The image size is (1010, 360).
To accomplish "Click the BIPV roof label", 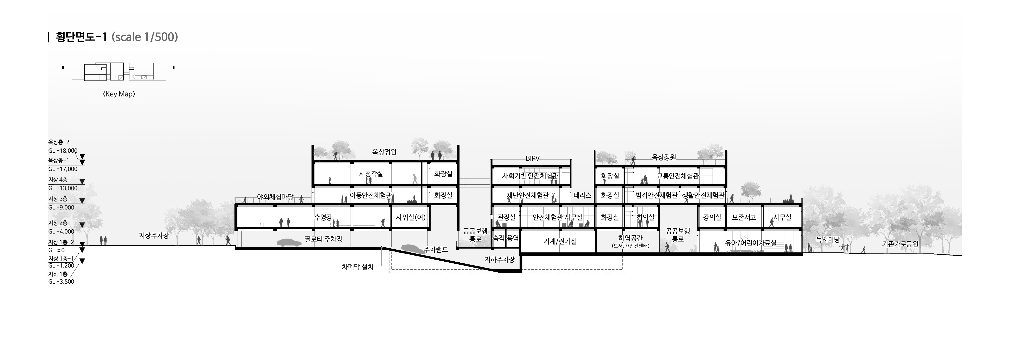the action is click(x=532, y=159).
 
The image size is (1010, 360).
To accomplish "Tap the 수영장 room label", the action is click(x=323, y=217).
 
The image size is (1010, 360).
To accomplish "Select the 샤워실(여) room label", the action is click(x=410, y=217).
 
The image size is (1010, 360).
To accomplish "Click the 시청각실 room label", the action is click(x=371, y=174).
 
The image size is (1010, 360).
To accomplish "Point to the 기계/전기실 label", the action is click(x=560, y=242).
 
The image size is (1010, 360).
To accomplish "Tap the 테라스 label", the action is click(x=582, y=195).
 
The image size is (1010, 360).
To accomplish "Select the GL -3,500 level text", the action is click(x=61, y=282).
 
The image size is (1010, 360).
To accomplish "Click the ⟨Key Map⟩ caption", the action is click(x=119, y=94).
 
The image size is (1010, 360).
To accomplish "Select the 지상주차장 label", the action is click(x=154, y=235).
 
